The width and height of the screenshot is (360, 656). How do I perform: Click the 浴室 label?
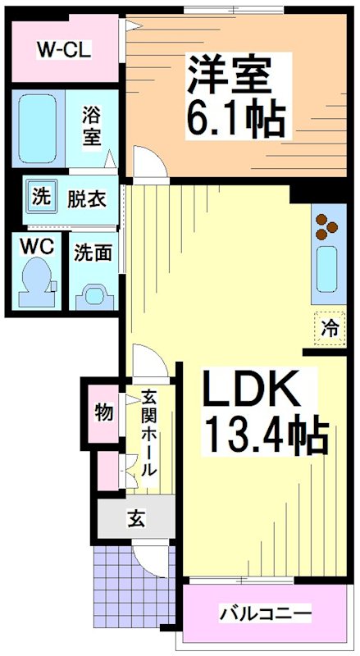coord(92,127)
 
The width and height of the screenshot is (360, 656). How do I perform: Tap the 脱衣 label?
coord(87,198)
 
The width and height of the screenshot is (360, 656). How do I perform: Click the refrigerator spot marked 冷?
coord(329,329)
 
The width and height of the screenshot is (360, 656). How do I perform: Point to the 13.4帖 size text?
coord(265,437)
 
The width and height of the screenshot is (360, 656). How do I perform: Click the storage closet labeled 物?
coord(103,412)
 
